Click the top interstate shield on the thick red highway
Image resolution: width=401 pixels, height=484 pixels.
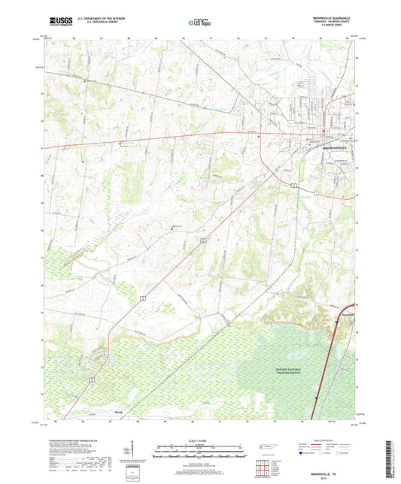(336, 322)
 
